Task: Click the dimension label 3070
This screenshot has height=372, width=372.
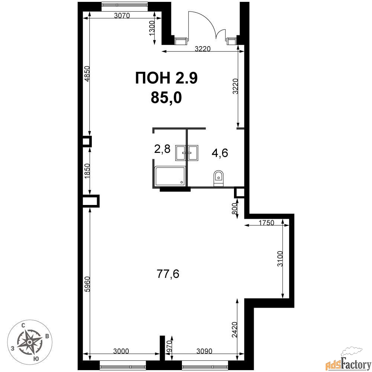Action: pyautogui.click(x=122, y=16)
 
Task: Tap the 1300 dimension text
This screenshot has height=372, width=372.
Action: pyautogui.click(x=152, y=28)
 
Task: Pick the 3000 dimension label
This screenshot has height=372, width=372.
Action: pyautogui.click(x=121, y=351)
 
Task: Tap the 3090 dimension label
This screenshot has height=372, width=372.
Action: pyautogui.click(x=204, y=351)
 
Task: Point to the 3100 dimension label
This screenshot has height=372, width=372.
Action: pyautogui.click(x=280, y=259)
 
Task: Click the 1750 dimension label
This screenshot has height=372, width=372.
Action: pyautogui.click(x=266, y=223)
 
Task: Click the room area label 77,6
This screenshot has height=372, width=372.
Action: pyautogui.click(x=168, y=274)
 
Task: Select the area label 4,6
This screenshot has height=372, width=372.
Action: pyautogui.click(x=220, y=153)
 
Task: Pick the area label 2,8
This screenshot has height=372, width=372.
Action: pyautogui.click(x=162, y=149)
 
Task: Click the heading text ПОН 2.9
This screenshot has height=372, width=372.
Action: pyautogui.click(x=166, y=78)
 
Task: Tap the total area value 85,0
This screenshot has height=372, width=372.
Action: pyautogui.click(x=166, y=97)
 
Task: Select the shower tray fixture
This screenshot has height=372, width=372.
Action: pyautogui.click(x=170, y=176)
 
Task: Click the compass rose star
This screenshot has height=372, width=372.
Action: pyautogui.click(x=29, y=342)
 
